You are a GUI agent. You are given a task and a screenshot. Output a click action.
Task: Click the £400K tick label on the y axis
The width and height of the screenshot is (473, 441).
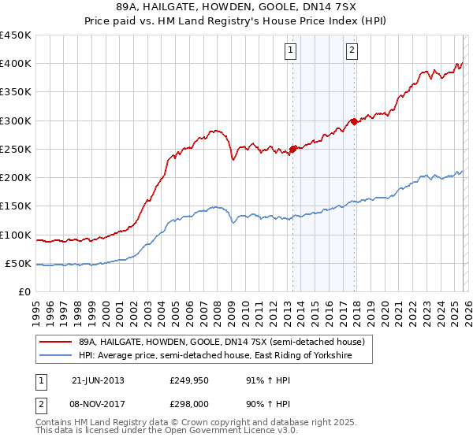pos(15,64)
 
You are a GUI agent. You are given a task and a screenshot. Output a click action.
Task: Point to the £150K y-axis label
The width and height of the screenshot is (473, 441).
pos(15,206)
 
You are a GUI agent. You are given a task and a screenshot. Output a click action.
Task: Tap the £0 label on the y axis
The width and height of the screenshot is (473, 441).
pos(24,292)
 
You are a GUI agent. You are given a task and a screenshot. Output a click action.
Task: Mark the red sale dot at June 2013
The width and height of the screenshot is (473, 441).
pos(293,148)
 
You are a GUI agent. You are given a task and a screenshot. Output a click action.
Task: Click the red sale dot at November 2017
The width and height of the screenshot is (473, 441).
pos(355,121)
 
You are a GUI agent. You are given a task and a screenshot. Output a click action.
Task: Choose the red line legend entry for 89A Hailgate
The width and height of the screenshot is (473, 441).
pos(222,343)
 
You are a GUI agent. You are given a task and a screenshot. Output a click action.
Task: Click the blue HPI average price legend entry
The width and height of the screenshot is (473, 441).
pos(214,357)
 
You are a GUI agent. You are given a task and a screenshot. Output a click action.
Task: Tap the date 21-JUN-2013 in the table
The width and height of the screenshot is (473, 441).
pos(98,380)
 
